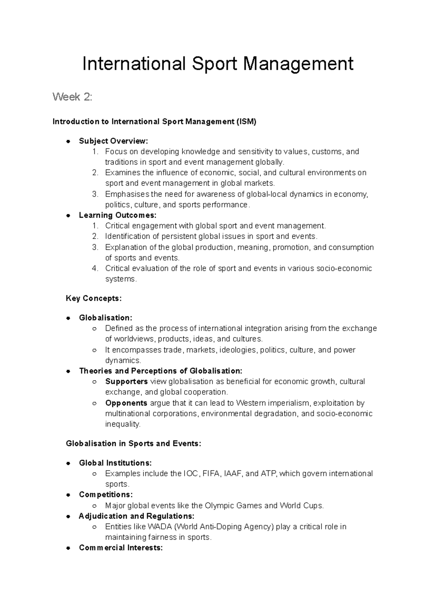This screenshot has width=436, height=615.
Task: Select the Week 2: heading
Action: (73, 97)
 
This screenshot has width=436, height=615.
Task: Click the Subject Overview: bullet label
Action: (114, 141)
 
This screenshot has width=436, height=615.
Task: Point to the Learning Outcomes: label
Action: (117, 215)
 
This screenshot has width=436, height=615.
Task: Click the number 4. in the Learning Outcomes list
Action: (95, 268)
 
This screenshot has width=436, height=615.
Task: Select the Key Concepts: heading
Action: (94, 298)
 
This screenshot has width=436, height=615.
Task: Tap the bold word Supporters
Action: (126, 382)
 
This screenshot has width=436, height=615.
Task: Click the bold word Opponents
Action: (126, 403)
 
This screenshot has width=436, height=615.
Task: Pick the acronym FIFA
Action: (211, 473)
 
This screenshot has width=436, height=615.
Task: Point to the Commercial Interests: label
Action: (121, 548)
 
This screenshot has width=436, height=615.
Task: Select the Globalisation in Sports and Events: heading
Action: (133, 444)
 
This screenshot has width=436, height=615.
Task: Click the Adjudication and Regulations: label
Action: (137, 516)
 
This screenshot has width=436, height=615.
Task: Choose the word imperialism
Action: (286, 403)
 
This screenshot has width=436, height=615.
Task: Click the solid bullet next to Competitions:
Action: (68, 495)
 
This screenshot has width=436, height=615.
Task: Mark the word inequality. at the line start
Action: (122, 424)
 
